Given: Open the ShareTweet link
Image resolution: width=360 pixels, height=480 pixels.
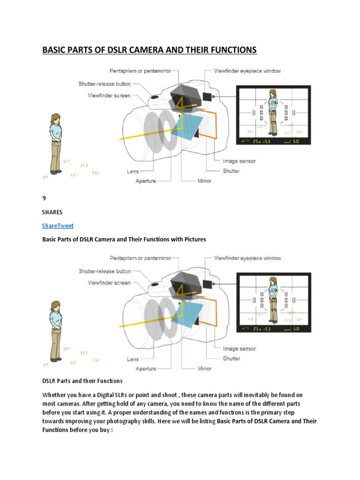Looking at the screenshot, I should pyautogui.click(x=58, y=225).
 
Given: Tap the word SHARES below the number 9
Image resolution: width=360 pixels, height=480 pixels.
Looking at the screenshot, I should pyautogui.click(x=52, y=212).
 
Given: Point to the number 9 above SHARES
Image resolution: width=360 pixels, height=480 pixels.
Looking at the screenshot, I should pyautogui.click(x=44, y=198).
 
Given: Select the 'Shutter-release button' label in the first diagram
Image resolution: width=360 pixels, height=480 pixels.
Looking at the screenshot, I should pyautogui.click(x=105, y=84).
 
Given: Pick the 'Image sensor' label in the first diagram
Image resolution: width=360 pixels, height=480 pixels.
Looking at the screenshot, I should pyautogui.click(x=239, y=161).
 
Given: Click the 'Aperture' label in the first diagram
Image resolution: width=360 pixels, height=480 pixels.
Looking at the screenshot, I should pyautogui.click(x=146, y=181).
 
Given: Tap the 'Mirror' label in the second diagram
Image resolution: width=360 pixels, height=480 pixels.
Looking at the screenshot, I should pyautogui.click(x=204, y=368).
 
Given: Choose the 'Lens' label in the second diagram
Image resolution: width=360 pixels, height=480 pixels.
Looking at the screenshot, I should pyautogui.click(x=133, y=359).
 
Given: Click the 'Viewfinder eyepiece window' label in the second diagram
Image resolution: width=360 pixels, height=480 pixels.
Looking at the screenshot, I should pyautogui.click(x=247, y=258).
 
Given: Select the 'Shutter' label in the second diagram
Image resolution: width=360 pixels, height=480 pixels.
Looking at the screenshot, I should pyautogui.click(x=232, y=359).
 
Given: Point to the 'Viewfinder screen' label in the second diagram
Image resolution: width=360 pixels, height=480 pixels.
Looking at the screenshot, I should pyautogui.click(x=109, y=283).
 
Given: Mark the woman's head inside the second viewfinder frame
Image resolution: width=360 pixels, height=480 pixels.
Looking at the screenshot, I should pyautogui.click(x=273, y=282).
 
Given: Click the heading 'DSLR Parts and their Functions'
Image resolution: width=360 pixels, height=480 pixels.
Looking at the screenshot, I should pyautogui.click(x=82, y=381).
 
